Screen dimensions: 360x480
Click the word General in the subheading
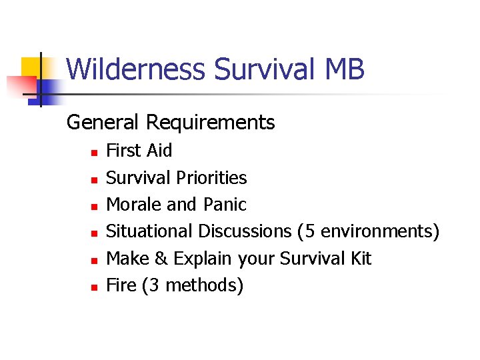click(103, 123)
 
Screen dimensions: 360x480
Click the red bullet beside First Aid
click(95, 153)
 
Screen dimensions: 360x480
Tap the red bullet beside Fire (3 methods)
click(95, 287)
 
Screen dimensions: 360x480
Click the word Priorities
click(212, 178)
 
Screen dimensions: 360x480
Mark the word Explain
click(202, 259)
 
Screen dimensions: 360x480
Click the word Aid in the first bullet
click(159, 151)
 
